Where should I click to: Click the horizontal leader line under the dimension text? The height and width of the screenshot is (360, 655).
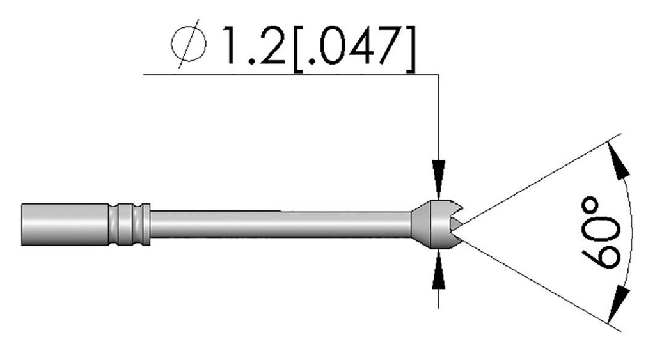click(288, 75)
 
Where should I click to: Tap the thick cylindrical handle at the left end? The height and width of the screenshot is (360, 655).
click(64, 223)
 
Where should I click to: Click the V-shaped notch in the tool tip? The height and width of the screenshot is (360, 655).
click(456, 223)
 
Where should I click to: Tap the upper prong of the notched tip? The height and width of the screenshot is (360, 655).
click(455, 210)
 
